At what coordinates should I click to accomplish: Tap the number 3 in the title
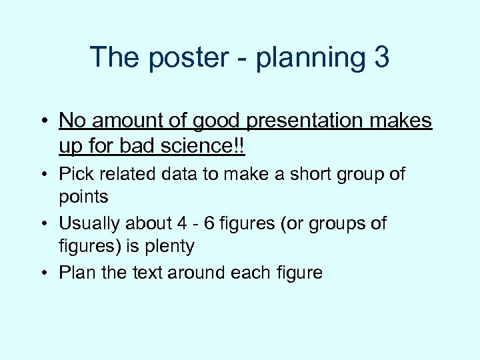click(381, 57)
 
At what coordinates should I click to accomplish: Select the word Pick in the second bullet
click(75, 174)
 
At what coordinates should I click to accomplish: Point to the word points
click(83, 197)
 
